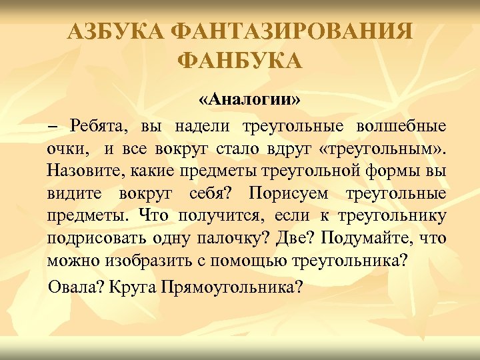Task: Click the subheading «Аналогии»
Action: pyautogui.click(x=249, y=100)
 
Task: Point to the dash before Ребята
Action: pyautogui.click(x=53, y=127)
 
